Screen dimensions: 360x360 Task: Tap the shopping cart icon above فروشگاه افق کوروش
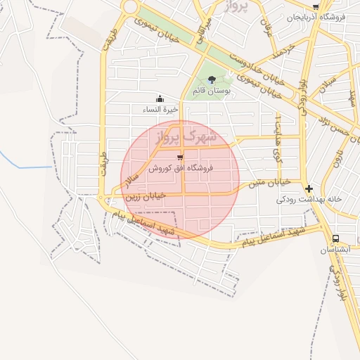[x=181, y=157]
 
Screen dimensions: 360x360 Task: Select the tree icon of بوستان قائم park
[x=212, y=80]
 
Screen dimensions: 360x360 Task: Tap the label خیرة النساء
[x=161, y=110]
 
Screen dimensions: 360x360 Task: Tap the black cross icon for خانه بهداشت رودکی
[x=309, y=188]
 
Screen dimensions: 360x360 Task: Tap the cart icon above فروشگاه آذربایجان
[x=316, y=6]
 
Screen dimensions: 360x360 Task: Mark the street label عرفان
[x=266, y=28]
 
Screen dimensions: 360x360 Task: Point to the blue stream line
[x=28, y=167]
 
